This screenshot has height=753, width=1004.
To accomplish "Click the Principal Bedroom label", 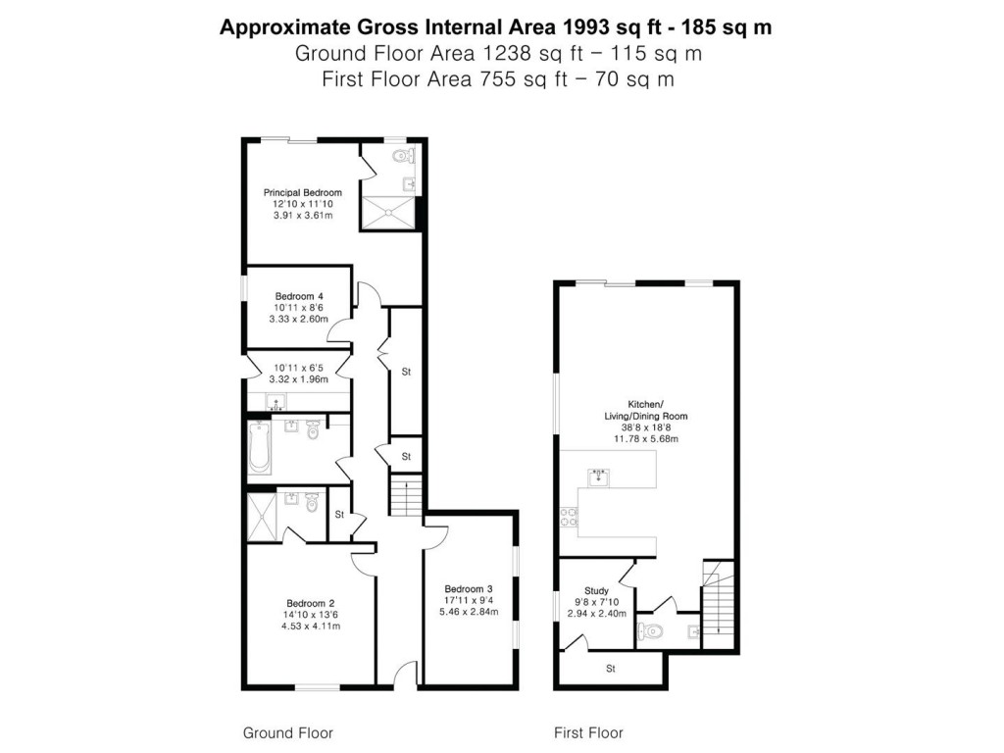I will coord(302,192).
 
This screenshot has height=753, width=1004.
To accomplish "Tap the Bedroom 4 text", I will coord(299,296).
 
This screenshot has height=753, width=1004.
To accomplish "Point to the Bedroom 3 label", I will coord(469,589).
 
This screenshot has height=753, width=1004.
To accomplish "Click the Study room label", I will coord(596,591).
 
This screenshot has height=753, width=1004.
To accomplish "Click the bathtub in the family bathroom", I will coord(259,446).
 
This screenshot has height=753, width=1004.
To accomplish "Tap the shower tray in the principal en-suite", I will coord(388,212).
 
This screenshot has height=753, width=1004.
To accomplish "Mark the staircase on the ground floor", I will coord(405,495).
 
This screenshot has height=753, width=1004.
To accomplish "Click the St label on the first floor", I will coord(610,670).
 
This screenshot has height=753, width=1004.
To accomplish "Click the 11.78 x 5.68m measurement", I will coord(645,439).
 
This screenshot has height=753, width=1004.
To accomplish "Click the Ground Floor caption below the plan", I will coord(288,732).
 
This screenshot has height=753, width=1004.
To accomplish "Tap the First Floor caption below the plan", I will coord(588,732).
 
